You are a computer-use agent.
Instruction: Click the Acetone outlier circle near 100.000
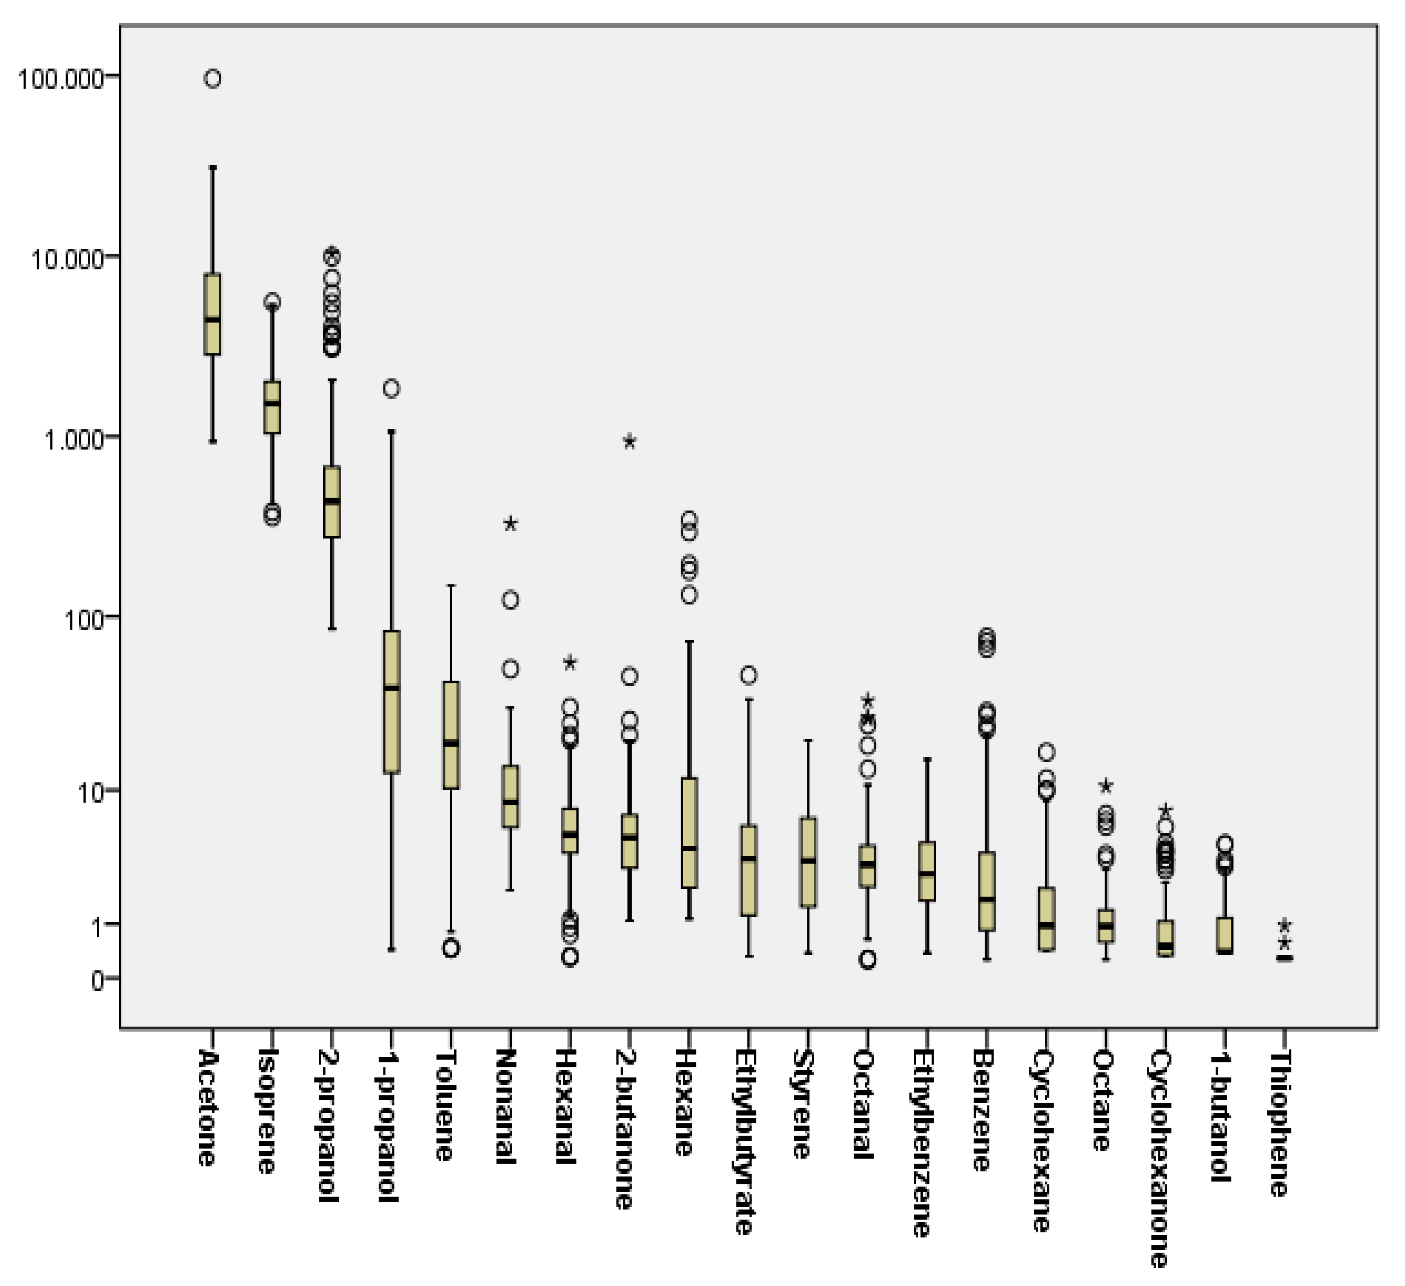tap(213, 79)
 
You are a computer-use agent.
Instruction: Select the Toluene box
tap(452, 735)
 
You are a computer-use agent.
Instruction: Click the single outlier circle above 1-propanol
tap(392, 389)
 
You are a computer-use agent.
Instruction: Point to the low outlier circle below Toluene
tap(452, 948)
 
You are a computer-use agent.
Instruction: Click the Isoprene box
tap(272, 407)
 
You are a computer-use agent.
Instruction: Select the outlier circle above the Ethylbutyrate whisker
tap(749, 675)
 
